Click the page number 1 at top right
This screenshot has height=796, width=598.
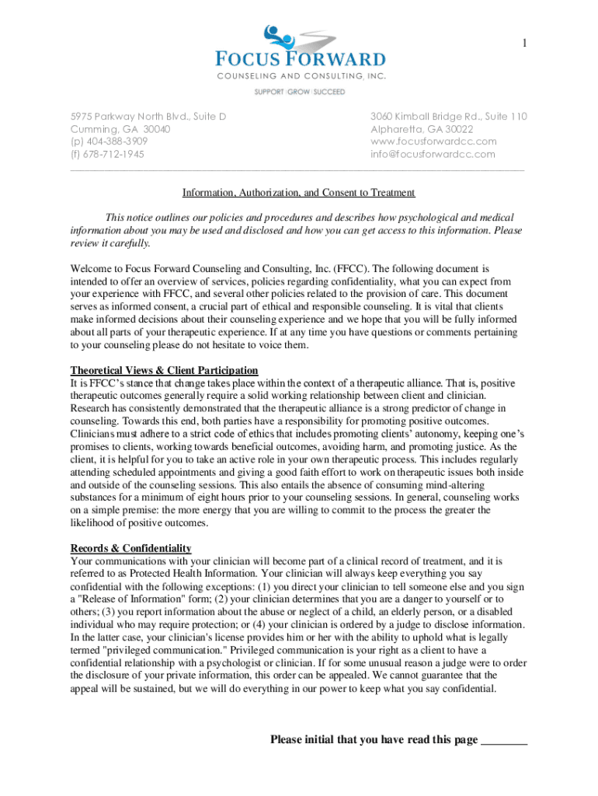pos(524,44)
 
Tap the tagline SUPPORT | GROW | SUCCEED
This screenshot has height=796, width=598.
pos(300,92)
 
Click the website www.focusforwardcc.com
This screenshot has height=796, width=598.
pos(433,141)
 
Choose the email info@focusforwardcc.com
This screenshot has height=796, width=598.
pos(433,154)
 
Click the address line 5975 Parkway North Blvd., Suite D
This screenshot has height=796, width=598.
pos(148,117)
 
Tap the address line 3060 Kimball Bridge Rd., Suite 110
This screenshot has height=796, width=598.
pos(449,117)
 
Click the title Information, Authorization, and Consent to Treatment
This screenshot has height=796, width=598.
pos(299,192)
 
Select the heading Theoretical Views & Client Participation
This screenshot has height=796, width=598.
pos(164,370)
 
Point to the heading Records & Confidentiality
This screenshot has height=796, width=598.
pos(130,548)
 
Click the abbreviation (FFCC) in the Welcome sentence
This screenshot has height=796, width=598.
pos(354,268)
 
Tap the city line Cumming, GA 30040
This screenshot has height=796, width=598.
pos(120,129)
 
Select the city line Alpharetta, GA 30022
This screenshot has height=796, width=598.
pos(422,129)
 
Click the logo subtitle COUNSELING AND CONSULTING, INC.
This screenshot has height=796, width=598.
pos(300,75)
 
